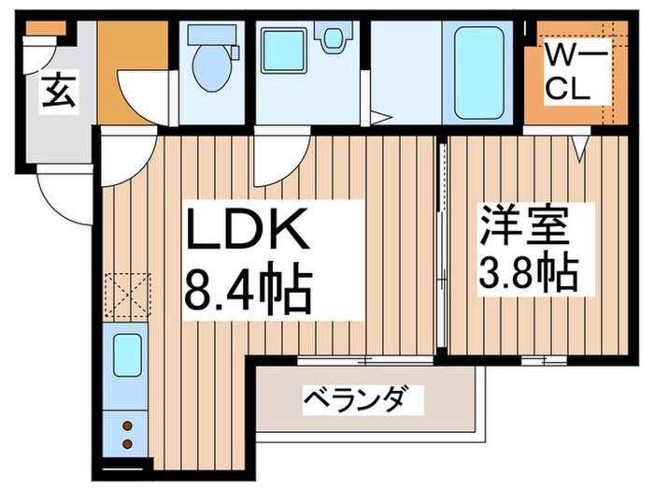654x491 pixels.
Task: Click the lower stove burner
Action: [127, 442]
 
